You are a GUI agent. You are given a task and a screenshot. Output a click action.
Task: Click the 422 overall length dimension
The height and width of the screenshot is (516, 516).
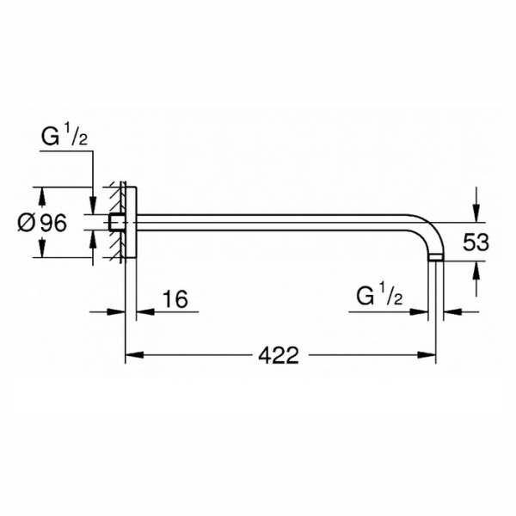click(x=279, y=355)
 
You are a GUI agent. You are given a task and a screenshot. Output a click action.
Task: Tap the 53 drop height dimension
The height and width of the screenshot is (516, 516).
click(x=476, y=243)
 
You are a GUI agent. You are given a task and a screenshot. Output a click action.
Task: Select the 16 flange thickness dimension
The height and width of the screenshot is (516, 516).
click(x=175, y=299)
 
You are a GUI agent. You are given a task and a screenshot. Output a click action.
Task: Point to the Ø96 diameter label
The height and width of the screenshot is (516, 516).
click(x=42, y=223)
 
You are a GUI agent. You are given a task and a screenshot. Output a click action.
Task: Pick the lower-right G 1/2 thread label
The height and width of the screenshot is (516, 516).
click(x=379, y=294)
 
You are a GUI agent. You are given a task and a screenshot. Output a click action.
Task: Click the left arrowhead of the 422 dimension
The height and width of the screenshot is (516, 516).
click(x=134, y=355)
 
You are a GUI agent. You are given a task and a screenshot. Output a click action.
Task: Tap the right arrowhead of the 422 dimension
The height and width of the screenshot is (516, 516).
click(x=427, y=355)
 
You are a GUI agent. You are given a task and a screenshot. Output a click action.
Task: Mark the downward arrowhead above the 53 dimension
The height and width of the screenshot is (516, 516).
click(x=476, y=213)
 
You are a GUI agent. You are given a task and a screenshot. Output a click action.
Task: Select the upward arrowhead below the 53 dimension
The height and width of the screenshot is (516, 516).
click(x=476, y=271)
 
